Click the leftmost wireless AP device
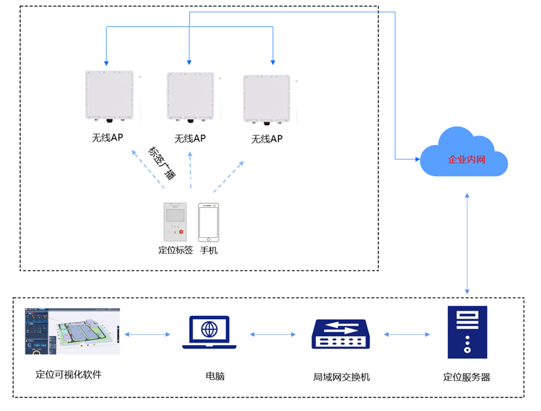(109, 96)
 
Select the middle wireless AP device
(190, 97)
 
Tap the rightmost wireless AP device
(267, 98)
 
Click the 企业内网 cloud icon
(464, 154)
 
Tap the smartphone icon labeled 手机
(208, 222)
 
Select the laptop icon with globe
(209, 332)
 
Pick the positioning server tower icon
(467, 333)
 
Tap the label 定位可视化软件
(69, 375)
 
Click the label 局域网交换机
(341, 376)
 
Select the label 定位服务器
(467, 376)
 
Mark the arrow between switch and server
(407, 335)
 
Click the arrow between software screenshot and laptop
(148, 335)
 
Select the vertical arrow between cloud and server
(467, 242)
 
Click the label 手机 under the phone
(208, 250)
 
